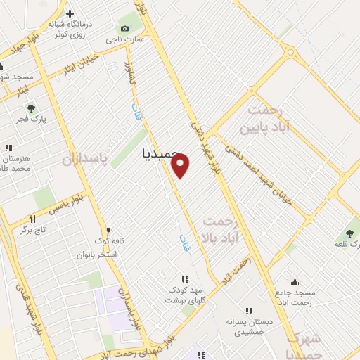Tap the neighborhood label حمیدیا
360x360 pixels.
[x=151, y=151]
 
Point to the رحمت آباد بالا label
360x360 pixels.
[x=221, y=231]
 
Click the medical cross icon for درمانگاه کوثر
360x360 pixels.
[x=70, y=13]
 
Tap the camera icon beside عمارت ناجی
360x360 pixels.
[x=124, y=27]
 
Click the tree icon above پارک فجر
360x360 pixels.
[x=31, y=108]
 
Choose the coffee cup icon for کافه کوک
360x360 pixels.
[x=108, y=230]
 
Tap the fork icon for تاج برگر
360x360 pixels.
[x=32, y=219]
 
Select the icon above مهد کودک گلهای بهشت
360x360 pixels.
[x=184, y=279]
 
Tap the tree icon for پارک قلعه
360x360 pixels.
[x=349, y=233]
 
